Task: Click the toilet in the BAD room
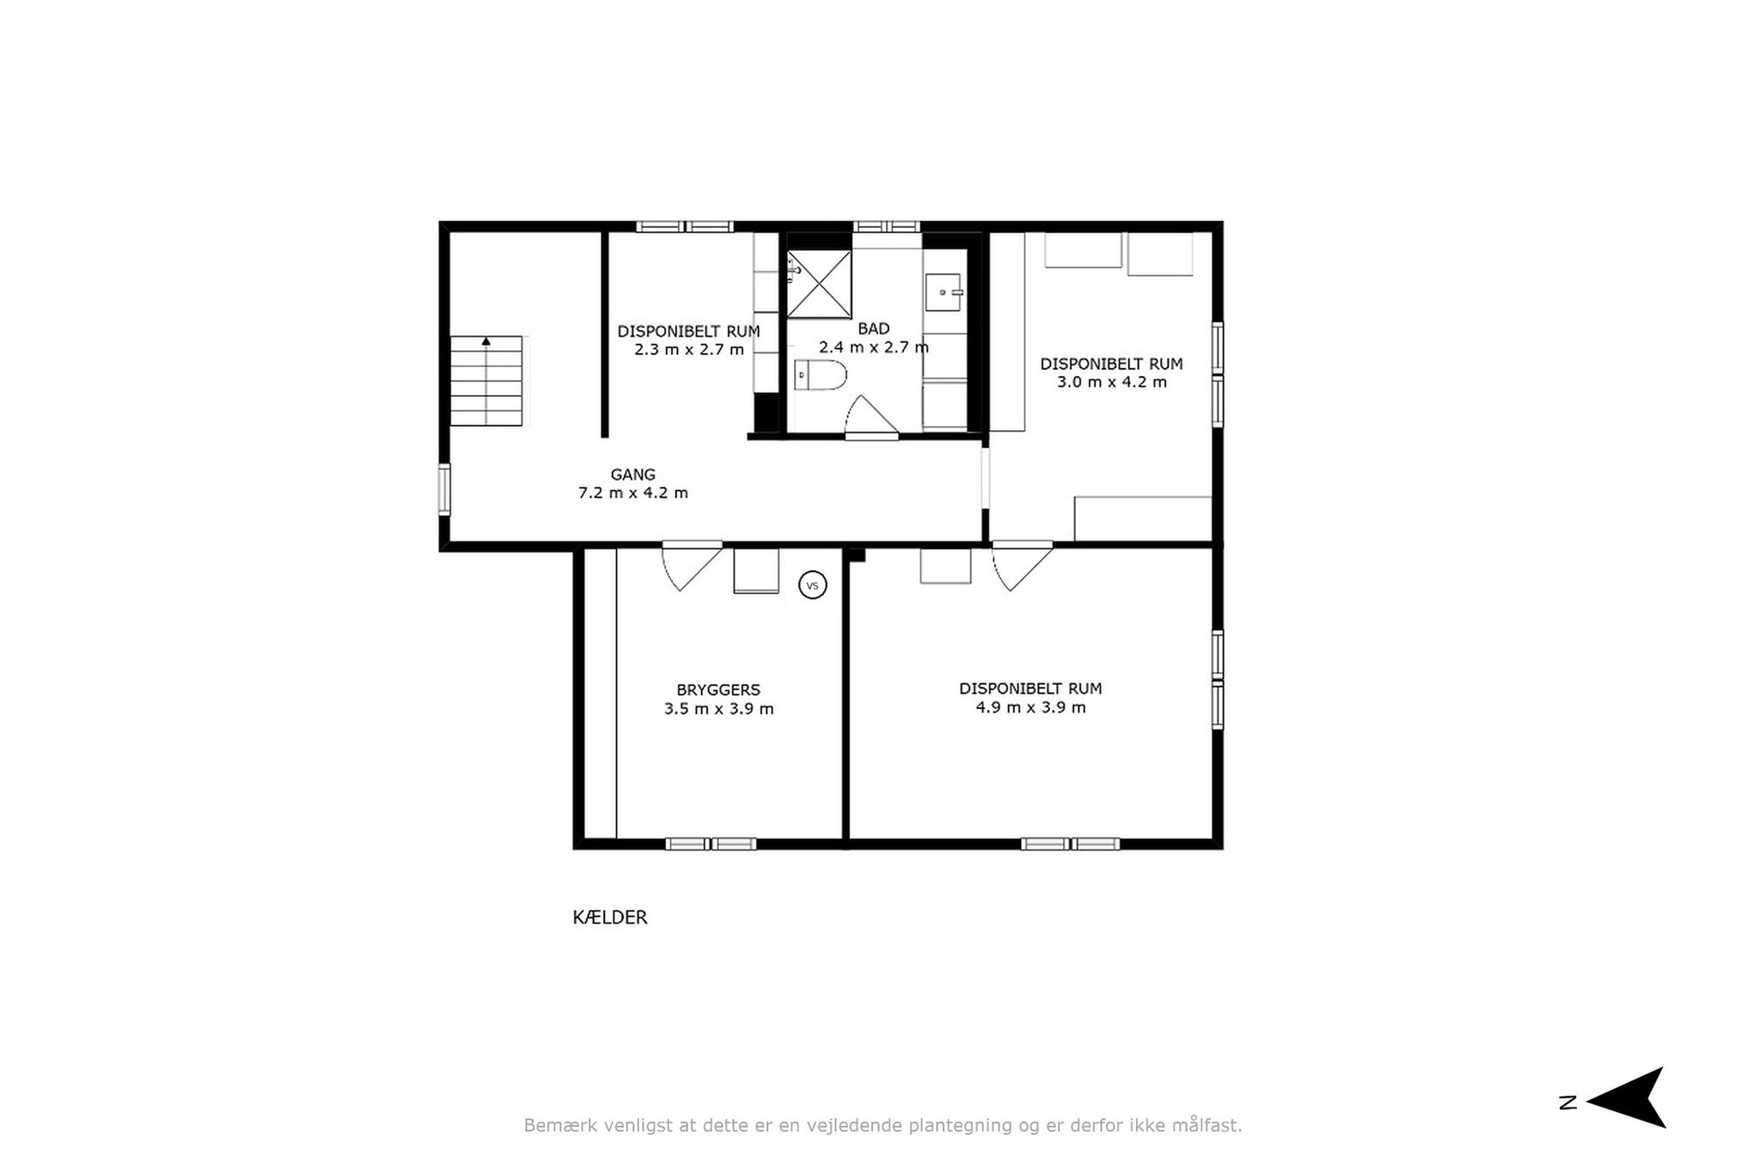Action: point(820,375)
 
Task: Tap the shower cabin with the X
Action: point(819,284)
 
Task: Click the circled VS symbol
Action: point(813,585)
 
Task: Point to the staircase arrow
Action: point(486,342)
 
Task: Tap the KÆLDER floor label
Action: point(610,917)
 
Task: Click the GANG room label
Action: point(633,474)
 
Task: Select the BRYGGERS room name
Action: point(718,690)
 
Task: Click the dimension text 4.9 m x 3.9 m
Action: point(1031,707)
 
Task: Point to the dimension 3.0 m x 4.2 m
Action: point(1111,382)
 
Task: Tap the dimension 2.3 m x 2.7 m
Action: point(689,350)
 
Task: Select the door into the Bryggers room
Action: point(692,565)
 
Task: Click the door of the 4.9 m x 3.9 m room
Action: point(1022,565)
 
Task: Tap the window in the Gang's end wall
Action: point(444,489)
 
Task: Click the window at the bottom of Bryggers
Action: point(711,844)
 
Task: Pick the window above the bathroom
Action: point(886,227)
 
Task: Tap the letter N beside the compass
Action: point(1568,1102)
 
